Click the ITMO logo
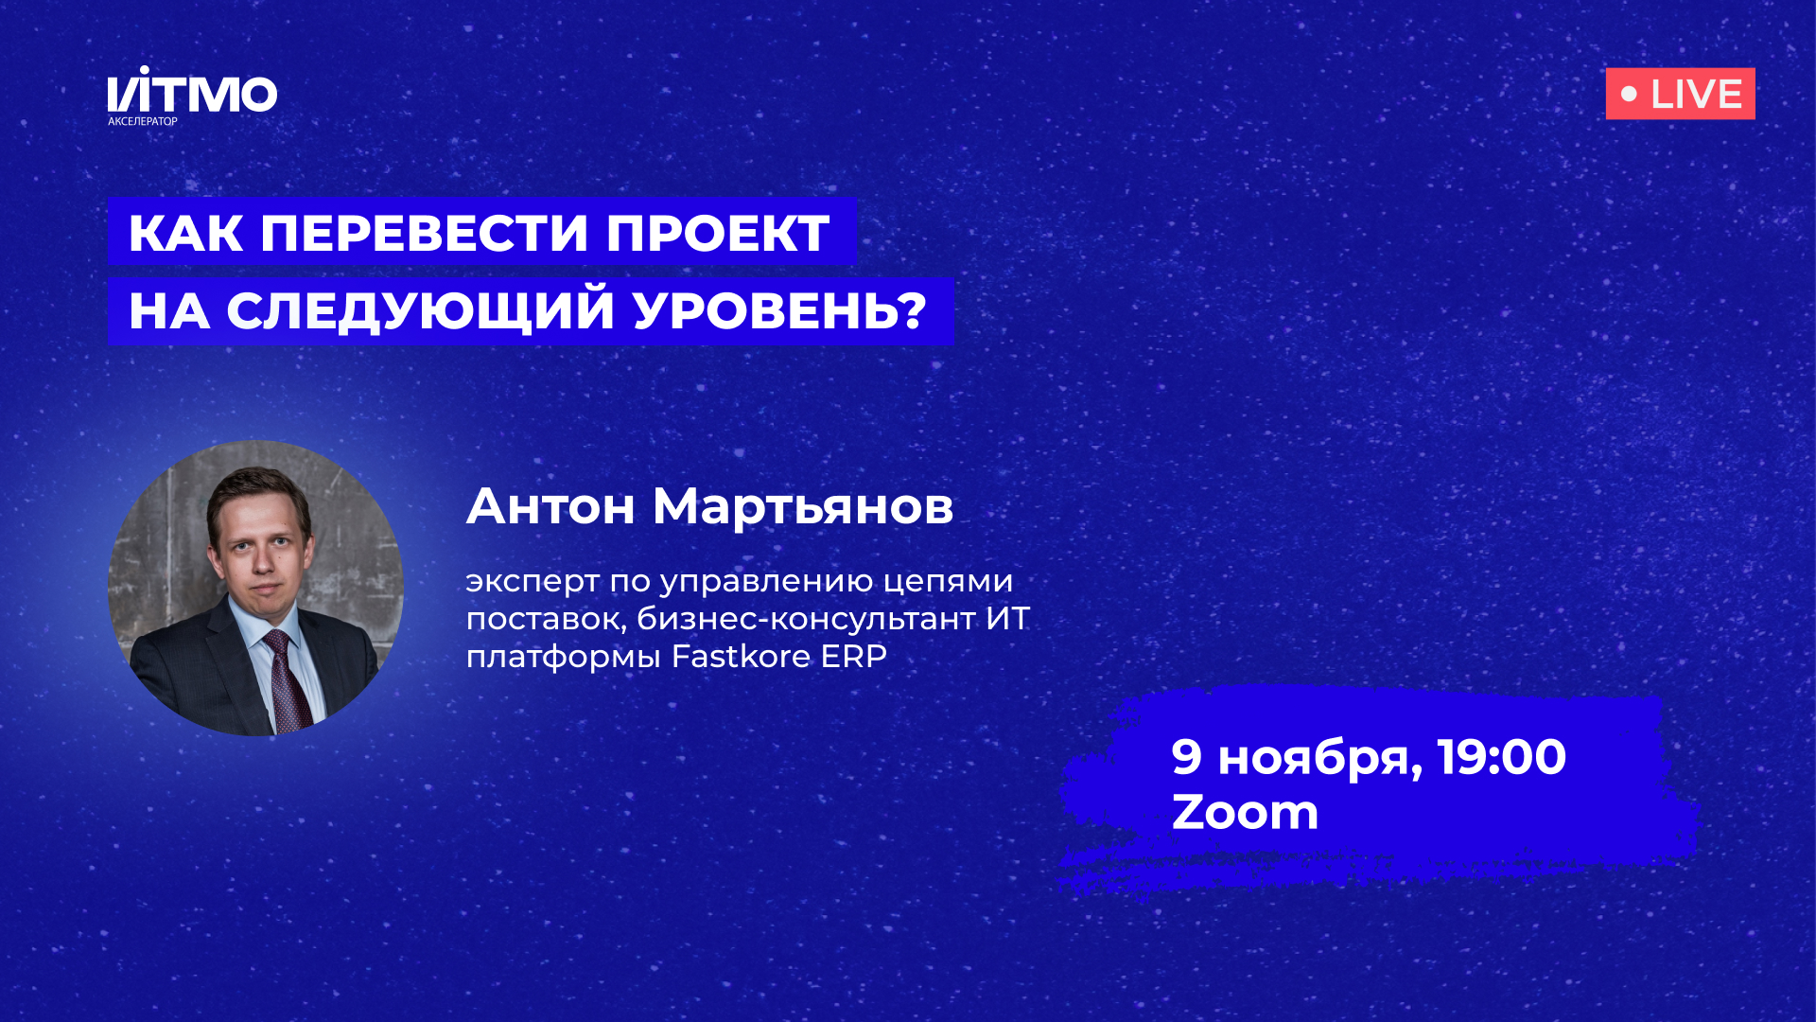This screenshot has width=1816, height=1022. point(192,92)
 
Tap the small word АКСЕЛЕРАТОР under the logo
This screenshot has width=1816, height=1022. point(143,121)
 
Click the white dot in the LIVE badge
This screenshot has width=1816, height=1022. point(1629,94)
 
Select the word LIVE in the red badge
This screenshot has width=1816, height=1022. point(1696,95)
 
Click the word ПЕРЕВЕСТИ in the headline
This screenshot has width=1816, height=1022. point(424,233)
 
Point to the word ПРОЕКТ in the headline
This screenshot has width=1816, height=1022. point(718,233)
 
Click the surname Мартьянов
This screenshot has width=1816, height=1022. point(803,506)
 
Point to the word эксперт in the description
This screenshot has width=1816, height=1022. point(533,581)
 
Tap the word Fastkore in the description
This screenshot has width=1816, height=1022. point(741,656)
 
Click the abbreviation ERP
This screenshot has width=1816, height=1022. point(853,656)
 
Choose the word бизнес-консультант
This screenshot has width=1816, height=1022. point(806,618)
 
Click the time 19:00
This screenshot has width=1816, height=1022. point(1501,757)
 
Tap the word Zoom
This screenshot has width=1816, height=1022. point(1245,812)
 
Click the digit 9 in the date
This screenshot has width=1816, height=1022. point(1186,756)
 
